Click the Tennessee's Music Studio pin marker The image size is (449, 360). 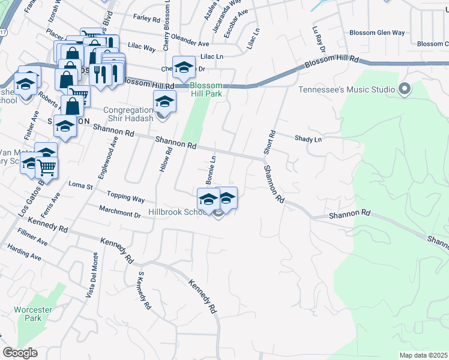405,89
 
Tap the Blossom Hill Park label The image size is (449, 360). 206,90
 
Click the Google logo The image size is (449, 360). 20,353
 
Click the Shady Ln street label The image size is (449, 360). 308,139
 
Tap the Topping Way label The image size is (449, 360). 125,196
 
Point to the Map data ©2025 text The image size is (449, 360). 423,355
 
